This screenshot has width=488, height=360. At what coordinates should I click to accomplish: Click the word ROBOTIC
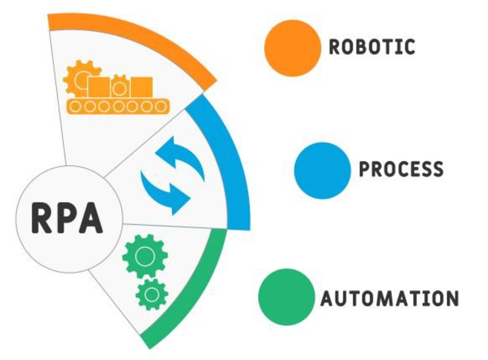point(372,47)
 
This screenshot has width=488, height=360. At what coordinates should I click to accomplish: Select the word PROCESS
point(401,169)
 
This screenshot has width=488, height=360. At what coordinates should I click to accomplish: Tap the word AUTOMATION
point(389,298)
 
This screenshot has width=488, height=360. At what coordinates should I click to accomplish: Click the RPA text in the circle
point(67,218)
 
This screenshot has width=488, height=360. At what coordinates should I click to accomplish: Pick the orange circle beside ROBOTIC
point(293,48)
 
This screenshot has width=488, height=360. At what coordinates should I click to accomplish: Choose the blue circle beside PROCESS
point(323,170)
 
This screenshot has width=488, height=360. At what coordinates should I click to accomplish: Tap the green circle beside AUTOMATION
point(286,297)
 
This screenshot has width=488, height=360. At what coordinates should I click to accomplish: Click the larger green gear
point(144,257)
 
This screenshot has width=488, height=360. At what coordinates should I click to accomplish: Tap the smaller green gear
point(152,294)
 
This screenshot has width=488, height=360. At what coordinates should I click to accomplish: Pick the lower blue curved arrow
point(164,191)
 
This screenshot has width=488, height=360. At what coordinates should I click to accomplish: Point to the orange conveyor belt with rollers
point(118,106)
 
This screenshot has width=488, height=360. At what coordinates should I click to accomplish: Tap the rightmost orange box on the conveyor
point(142,86)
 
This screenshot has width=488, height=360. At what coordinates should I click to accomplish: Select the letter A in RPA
point(91,218)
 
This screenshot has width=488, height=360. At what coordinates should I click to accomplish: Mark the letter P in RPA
point(66,218)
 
